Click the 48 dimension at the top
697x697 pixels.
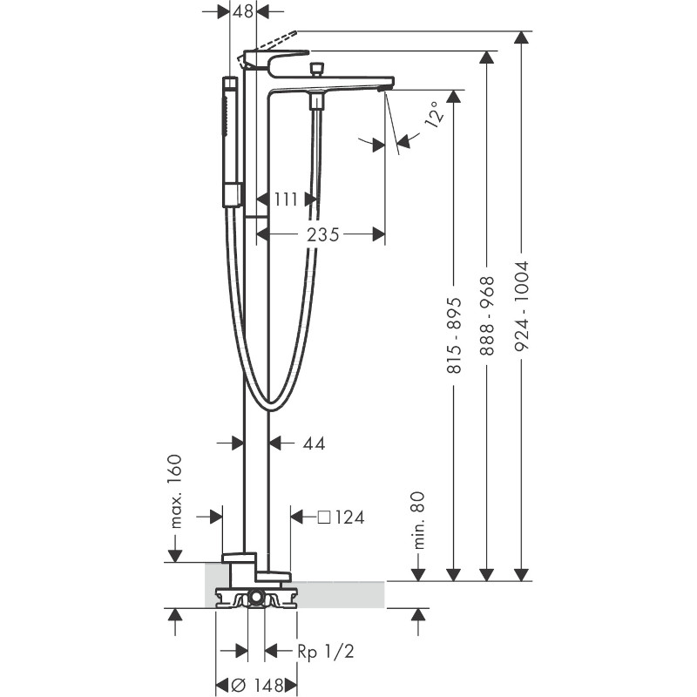[x=243, y=11]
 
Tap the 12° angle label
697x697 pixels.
[x=434, y=113]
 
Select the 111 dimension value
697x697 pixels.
[x=286, y=200]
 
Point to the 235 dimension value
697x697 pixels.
[x=323, y=234]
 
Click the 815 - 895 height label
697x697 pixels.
[x=454, y=335]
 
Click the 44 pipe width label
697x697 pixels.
[x=315, y=443]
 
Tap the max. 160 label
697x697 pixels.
[x=176, y=491]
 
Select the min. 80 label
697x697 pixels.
[x=418, y=520]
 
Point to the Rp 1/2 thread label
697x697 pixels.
[x=326, y=651]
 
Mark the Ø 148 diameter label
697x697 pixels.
[x=257, y=685]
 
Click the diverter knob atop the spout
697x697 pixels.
[x=316, y=70]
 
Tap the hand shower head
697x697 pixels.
[x=231, y=142]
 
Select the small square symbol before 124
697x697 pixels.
[x=324, y=518]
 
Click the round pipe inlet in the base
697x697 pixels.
[x=255, y=597]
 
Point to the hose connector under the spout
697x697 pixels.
[x=316, y=100]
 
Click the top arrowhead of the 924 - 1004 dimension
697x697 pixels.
[x=521, y=37]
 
